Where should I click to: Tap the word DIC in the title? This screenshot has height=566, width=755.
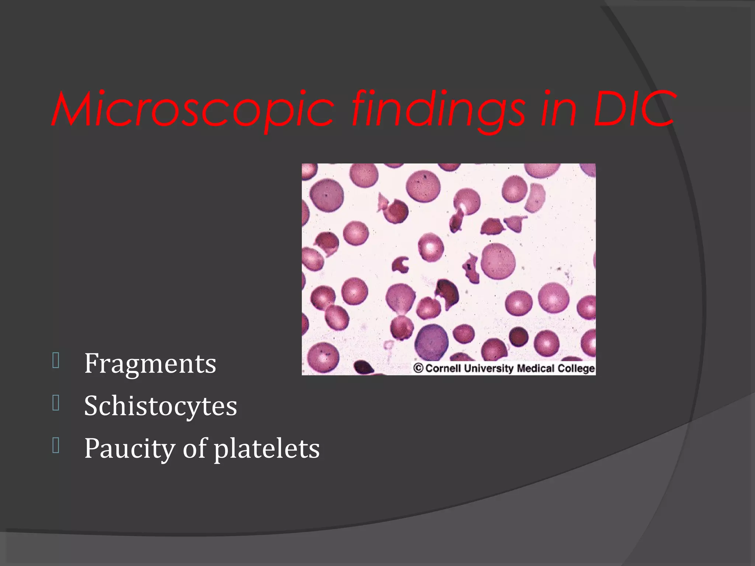634,110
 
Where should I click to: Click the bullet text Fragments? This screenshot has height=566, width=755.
150,364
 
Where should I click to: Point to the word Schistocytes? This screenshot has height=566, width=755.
160,406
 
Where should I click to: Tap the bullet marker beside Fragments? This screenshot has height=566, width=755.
56,361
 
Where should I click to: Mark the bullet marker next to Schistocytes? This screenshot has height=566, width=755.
56,403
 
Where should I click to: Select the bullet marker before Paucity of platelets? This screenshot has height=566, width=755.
56,446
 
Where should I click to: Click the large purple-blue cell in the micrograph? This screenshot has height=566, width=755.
431,342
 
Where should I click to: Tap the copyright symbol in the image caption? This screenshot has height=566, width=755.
418,368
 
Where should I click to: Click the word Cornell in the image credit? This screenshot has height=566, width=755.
443,368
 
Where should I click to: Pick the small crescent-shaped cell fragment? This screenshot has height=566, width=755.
400,265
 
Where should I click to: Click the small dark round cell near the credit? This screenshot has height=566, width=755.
519,336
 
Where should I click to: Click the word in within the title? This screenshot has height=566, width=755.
558,110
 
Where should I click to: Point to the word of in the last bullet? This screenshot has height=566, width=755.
195,449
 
